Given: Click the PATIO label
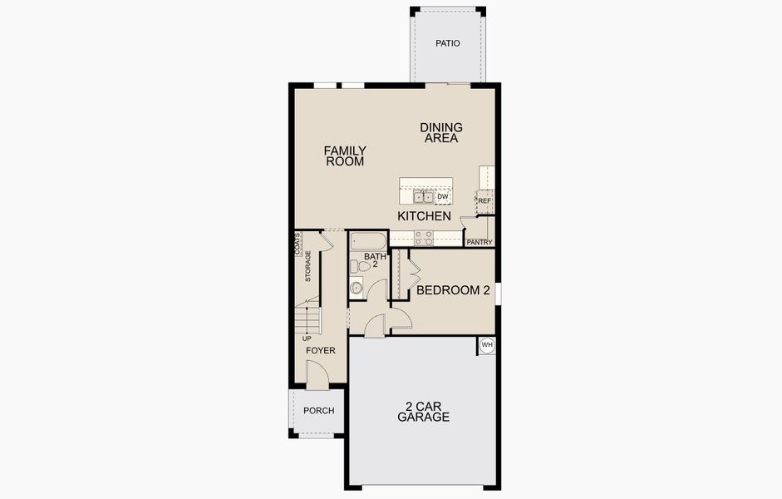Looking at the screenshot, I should coord(447,43).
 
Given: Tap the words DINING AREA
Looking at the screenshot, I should coord(441,133).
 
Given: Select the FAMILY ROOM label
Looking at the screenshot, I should coord(345,156).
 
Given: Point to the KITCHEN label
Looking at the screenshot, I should coord(424,216).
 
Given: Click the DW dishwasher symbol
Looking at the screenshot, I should coord(442,197).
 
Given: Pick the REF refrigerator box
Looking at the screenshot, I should coord(484,201).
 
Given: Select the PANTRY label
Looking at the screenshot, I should coord(480,242).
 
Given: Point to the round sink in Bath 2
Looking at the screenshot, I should coord(357,289).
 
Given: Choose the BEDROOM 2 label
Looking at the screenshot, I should coord(453,290).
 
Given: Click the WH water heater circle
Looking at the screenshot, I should coord(487,345).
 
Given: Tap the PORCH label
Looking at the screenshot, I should coord(318,411).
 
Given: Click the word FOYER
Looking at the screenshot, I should coord(321,351).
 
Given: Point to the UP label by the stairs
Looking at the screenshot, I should coord(307,338).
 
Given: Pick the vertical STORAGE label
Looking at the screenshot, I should coord(308,266).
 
